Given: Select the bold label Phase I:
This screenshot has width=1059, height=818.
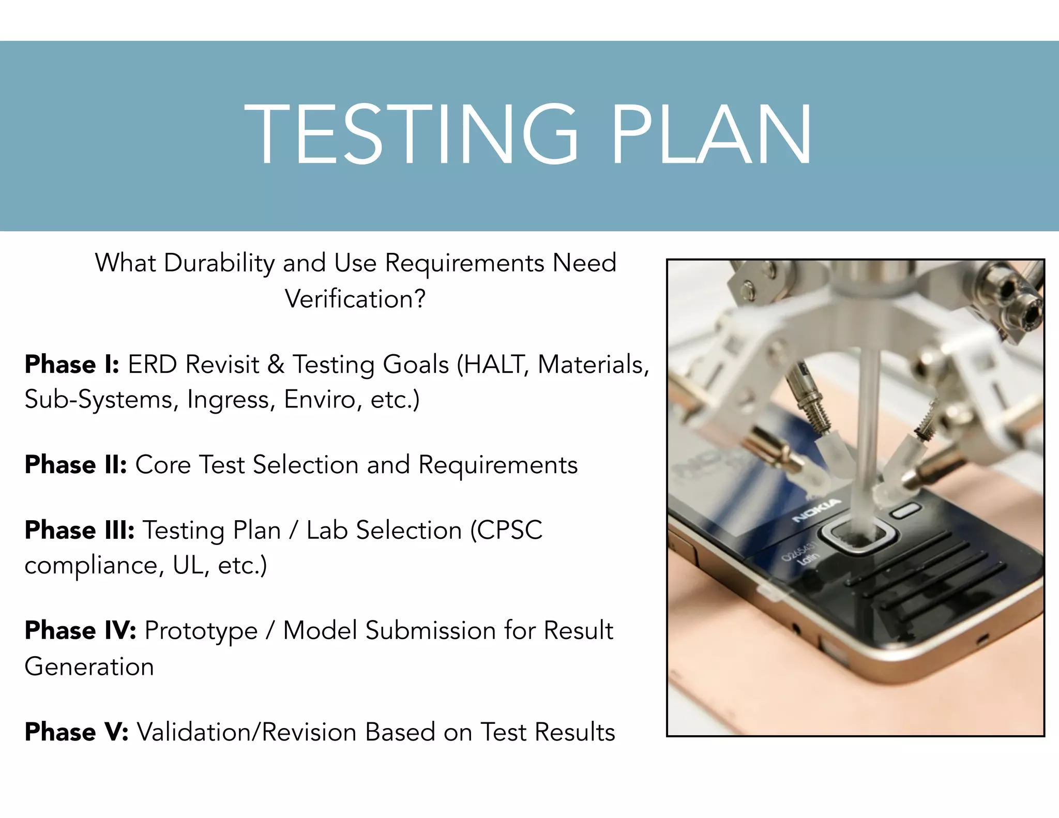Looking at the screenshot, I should [72, 365].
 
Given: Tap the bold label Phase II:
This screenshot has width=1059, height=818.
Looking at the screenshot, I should [75, 465].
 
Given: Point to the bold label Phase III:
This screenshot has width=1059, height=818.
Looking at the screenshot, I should [80, 531].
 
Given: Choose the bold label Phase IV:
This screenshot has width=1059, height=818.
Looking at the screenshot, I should [80, 631].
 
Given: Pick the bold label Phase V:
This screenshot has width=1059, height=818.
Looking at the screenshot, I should [77, 732].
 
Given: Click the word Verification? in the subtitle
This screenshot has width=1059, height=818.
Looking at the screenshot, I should [355, 299].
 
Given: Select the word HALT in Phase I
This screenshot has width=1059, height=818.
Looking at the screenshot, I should [496, 365].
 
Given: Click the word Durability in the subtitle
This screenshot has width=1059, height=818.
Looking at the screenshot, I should [219, 263].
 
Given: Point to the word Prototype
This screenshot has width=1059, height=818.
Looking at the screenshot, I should [201, 631].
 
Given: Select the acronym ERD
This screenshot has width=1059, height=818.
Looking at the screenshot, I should [153, 365].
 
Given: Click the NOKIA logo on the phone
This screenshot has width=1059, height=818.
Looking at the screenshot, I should [817, 510].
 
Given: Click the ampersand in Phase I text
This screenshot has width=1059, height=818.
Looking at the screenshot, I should [276, 365].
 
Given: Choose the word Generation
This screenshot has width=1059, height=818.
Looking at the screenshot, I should [89, 666].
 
